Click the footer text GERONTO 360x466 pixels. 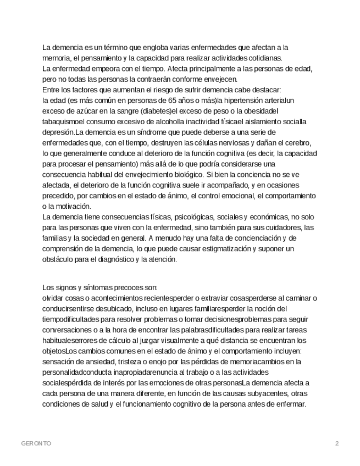pyautogui.click(x=36, y=443)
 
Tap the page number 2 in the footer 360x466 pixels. pyautogui.click(x=337, y=443)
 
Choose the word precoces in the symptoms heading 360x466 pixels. pyautogui.click(x=130, y=287)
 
